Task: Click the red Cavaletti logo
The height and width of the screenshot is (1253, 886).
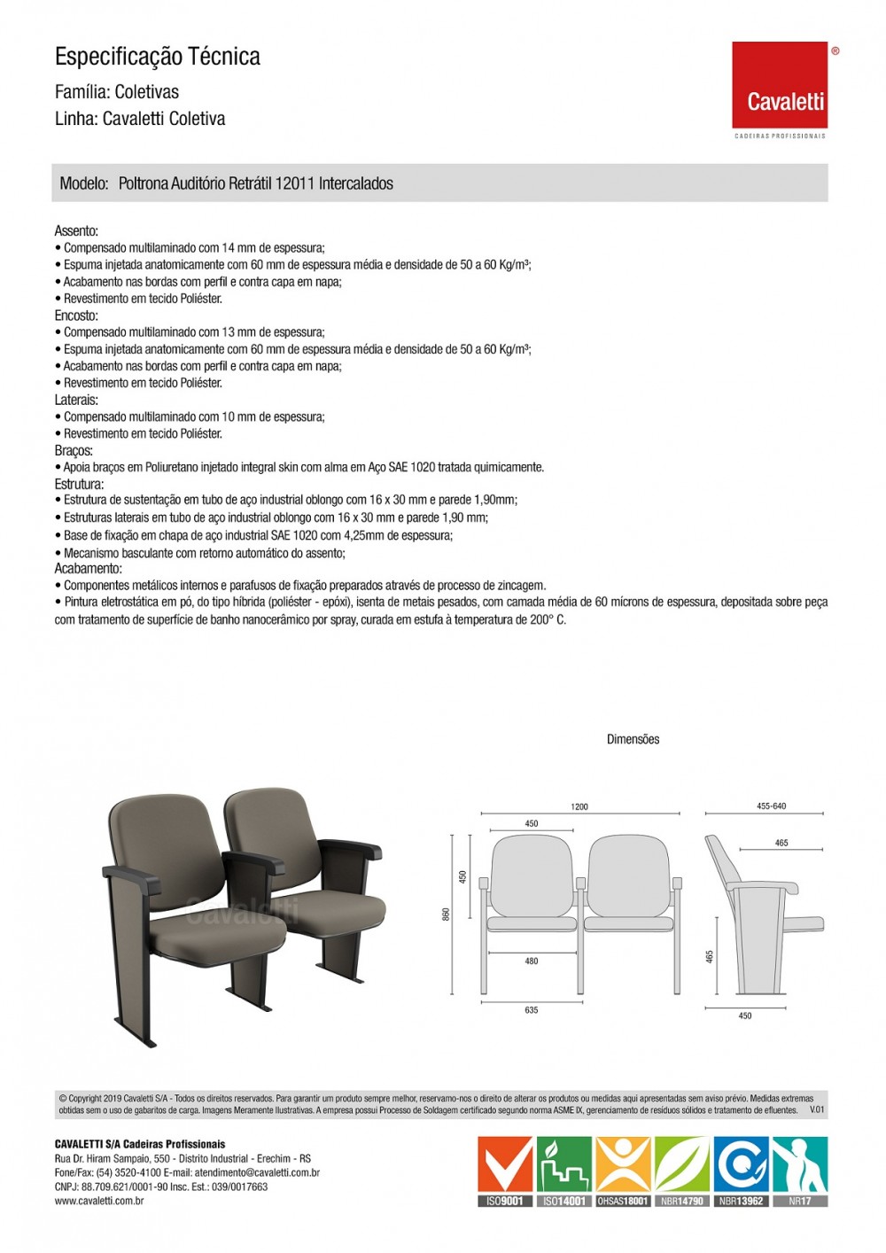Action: click(x=780, y=85)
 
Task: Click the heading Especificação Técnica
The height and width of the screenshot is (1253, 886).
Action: click(x=158, y=57)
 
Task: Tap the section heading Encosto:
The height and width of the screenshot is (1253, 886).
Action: click(x=76, y=315)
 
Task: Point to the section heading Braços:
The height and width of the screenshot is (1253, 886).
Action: click(x=74, y=451)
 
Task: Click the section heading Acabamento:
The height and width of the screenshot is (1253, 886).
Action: click(x=89, y=569)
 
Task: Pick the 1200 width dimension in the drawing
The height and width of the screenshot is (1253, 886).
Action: click(x=579, y=806)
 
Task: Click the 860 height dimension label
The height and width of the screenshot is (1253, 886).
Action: click(x=446, y=914)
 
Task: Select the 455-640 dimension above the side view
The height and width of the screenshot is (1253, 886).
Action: click(x=771, y=806)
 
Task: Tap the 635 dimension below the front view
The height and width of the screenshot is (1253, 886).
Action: click(x=531, y=1010)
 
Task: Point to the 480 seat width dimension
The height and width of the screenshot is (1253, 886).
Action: click(x=531, y=961)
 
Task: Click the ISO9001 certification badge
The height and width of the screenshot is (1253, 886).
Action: click(x=506, y=1171)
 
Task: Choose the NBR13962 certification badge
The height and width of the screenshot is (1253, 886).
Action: click(x=742, y=1171)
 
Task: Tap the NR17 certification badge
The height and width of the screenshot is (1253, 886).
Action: click(x=799, y=1171)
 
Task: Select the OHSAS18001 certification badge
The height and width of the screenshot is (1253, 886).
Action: click(x=624, y=1171)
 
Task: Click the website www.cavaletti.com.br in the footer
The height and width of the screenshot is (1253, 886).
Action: click(x=99, y=1202)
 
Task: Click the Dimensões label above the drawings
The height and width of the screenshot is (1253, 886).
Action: click(x=633, y=739)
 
